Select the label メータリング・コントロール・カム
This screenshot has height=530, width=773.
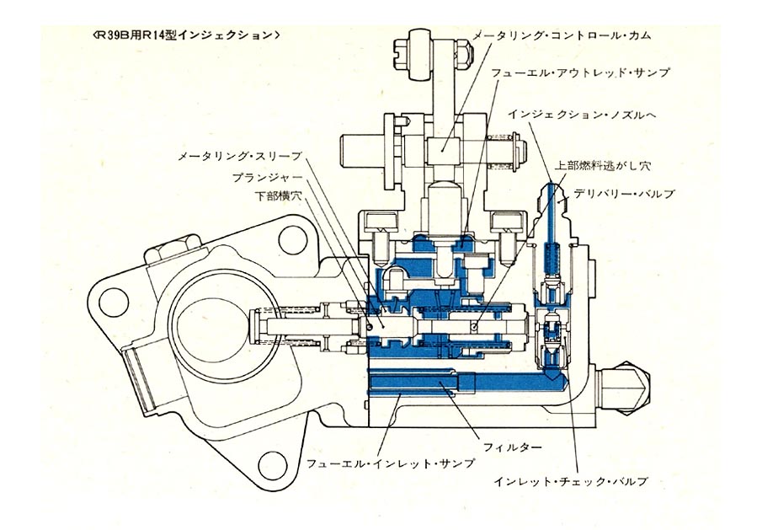click(561, 36)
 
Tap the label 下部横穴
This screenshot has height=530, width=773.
click(277, 195)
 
